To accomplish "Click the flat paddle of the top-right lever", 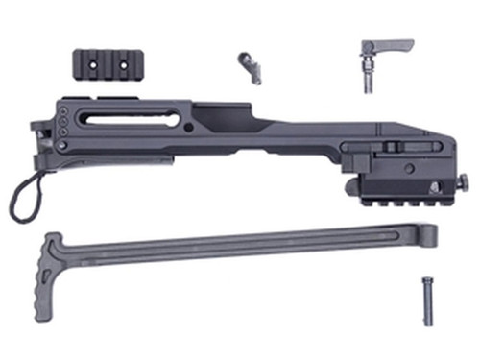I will point(393,45).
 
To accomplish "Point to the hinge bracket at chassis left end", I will point(39,135).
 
